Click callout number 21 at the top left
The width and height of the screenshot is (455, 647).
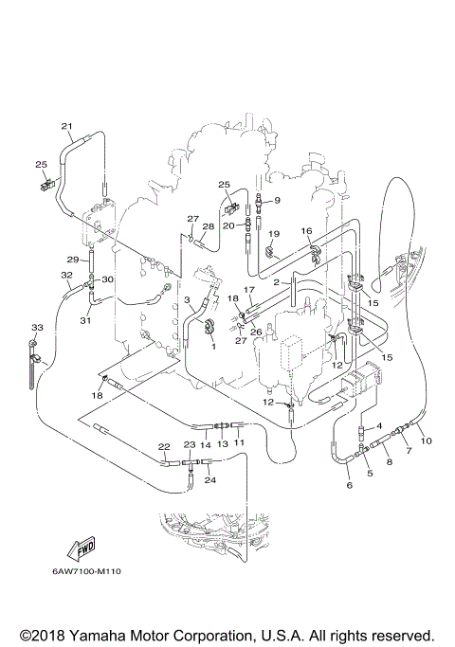pos(66,126)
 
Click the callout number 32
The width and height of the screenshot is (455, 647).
pos(66,276)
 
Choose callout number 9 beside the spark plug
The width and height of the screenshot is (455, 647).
pos(277,200)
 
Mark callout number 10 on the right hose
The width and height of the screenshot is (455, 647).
pos(426,440)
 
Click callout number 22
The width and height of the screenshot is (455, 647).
pos(163,446)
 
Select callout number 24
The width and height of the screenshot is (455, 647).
pos(210,479)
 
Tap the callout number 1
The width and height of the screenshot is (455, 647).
pos(213,346)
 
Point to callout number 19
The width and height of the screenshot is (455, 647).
pos(273,233)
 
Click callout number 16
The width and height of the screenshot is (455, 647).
pos(306,231)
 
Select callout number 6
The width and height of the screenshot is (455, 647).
pos(349,485)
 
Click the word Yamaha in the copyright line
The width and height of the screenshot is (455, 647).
pos(102,634)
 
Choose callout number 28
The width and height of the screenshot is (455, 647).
pos(208,226)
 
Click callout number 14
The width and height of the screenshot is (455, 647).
pos(204,442)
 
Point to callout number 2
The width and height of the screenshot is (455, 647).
pos(276,281)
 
